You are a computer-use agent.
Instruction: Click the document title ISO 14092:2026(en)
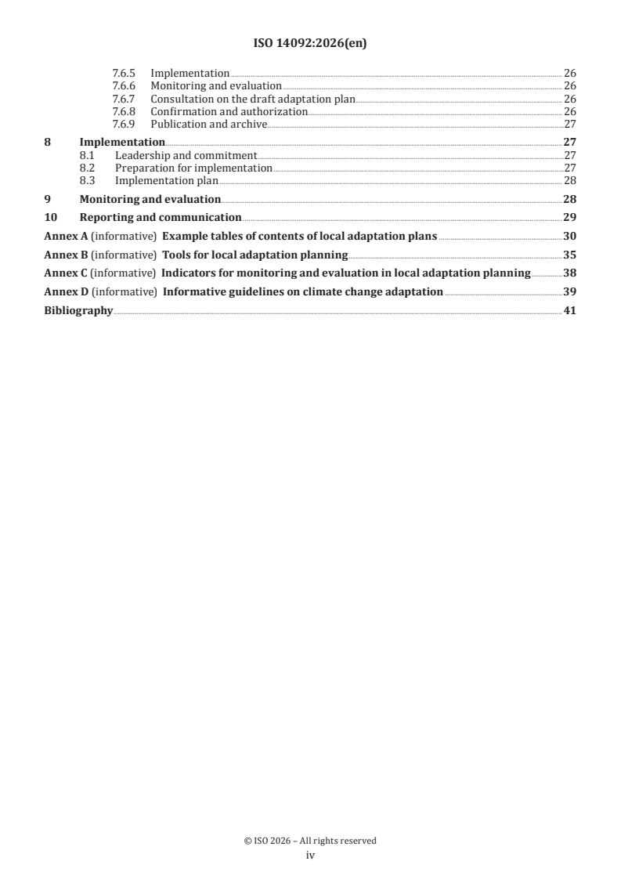(x=310, y=44)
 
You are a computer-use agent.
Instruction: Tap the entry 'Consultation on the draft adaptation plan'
(x=252, y=99)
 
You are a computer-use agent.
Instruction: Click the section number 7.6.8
(x=123, y=111)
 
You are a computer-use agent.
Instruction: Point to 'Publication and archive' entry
(x=208, y=124)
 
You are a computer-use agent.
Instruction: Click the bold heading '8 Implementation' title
(x=122, y=143)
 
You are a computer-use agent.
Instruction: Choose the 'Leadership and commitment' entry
(x=186, y=155)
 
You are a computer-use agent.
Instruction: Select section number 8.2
(x=88, y=168)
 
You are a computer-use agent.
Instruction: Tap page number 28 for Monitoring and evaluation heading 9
(x=569, y=200)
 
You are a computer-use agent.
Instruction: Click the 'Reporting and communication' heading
(x=161, y=218)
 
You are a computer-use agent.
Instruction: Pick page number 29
(x=569, y=218)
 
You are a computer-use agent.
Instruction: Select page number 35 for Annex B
(x=569, y=255)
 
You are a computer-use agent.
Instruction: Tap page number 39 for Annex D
(x=569, y=291)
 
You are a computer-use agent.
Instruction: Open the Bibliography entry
(x=78, y=310)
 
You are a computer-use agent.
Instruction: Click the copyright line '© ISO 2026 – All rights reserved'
(x=310, y=841)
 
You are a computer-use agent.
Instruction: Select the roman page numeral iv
(x=310, y=855)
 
